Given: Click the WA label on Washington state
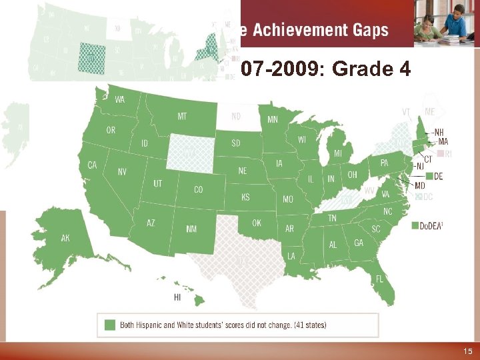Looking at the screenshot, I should click(120, 100).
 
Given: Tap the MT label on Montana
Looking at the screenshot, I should click(182, 116).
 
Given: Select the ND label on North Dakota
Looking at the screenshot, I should click(236, 116).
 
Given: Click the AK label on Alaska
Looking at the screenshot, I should click(65, 237).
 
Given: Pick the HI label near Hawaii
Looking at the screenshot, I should click(177, 297).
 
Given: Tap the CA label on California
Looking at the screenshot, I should click(93, 165).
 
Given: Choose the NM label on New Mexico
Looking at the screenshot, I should click(191, 229).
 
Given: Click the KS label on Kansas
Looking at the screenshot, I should click(245, 197).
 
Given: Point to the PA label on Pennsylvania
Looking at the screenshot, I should click(384, 162).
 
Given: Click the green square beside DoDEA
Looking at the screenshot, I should click(415, 225).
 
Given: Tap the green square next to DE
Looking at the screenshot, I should click(429, 176).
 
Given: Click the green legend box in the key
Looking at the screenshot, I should click(110, 325).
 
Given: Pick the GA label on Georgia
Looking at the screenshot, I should click(359, 243).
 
